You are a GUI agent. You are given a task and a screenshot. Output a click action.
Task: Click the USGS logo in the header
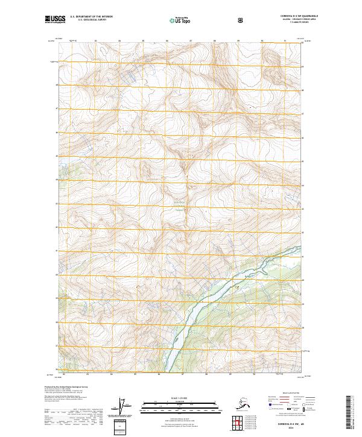55,19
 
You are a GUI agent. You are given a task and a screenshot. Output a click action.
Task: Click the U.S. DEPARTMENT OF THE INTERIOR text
91,16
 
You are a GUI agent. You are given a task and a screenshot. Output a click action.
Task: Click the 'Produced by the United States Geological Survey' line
65,386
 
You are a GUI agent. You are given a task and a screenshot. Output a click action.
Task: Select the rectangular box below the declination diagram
122,427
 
